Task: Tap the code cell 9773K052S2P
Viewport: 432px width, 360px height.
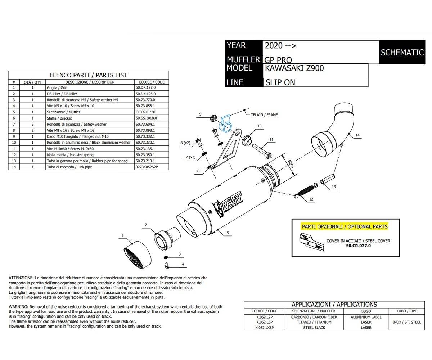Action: click(x=147, y=167)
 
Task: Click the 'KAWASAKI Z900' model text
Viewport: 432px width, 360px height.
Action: click(x=294, y=68)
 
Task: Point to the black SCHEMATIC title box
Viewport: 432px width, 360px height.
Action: click(x=402, y=52)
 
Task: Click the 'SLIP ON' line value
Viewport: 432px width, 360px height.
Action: click(x=280, y=82)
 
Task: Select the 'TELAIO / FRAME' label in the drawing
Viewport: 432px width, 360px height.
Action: click(x=264, y=115)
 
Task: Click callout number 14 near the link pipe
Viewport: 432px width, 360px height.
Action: click(x=357, y=135)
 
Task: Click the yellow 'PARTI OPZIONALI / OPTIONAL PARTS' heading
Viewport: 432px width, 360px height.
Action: click(x=345, y=226)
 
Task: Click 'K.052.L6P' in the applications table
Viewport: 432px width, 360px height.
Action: click(x=264, y=322)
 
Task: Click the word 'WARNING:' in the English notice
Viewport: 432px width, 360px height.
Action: click(x=18, y=306)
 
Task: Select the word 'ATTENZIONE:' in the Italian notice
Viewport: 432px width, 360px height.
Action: click(x=21, y=278)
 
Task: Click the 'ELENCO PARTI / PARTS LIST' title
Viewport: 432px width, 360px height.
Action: click(x=88, y=75)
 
